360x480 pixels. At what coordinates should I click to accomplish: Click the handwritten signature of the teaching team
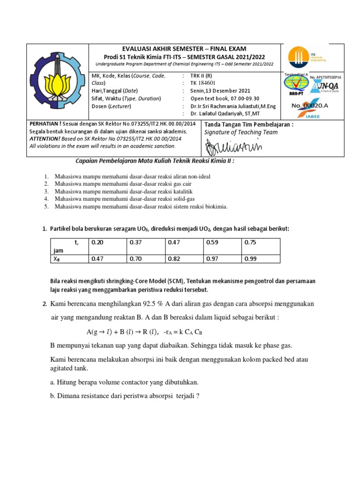(232, 148)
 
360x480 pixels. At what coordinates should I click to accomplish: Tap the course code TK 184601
(207, 83)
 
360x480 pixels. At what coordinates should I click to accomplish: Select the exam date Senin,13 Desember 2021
(220, 91)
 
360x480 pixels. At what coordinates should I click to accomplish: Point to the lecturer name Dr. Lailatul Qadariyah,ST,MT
(233, 114)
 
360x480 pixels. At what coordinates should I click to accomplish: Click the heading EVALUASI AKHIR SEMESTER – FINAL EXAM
(184, 49)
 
